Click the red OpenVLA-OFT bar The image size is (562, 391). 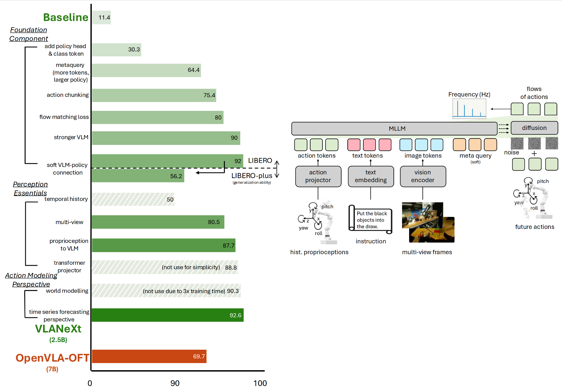click(149, 356)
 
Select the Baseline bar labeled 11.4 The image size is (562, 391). click(101, 17)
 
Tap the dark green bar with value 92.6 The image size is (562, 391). click(167, 315)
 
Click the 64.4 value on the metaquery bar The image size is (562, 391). click(193, 70)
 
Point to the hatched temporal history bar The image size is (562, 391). click(133, 199)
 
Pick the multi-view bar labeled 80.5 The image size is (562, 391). click(158, 222)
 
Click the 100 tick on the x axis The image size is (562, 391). click(260, 383)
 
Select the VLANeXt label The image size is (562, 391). click(58, 329)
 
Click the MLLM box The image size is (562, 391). click(394, 129)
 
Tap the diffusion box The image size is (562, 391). click(534, 128)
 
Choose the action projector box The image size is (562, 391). click(318, 176)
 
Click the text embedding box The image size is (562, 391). click(371, 176)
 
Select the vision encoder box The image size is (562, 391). click(423, 176)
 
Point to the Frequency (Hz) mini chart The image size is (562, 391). click(469, 108)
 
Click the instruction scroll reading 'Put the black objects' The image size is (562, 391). click(371, 220)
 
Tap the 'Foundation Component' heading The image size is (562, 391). click(29, 34)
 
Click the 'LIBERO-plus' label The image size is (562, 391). click(252, 176)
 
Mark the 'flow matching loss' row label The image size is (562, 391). click(64, 117)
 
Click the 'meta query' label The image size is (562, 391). click(475, 156)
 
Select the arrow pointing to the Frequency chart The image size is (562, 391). click(500, 109)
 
